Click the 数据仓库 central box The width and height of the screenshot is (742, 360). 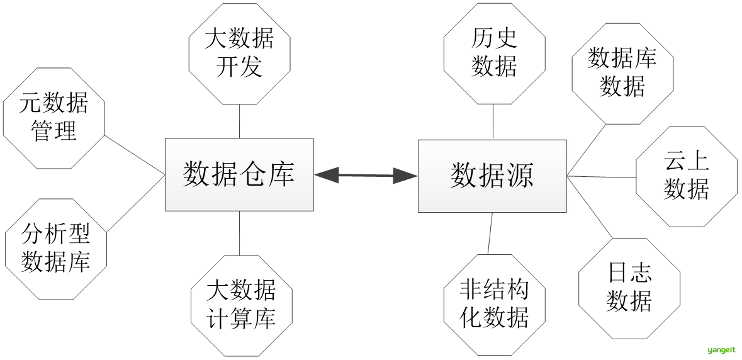point(239,174)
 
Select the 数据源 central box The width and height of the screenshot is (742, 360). point(492,175)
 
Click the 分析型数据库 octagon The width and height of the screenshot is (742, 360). point(56,249)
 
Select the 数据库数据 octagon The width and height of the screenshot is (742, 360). point(622,73)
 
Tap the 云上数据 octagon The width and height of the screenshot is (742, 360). point(686,176)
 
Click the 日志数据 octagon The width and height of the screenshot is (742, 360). point(629,288)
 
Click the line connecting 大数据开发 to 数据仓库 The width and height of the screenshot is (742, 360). point(240,121)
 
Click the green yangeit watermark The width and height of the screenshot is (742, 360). point(722,350)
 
